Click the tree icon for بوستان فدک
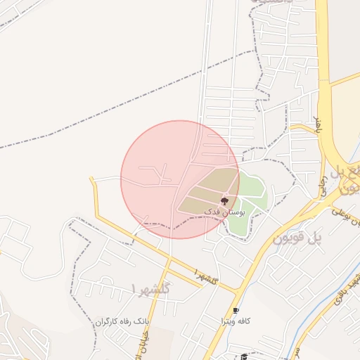[224, 201]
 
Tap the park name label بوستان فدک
[224, 211]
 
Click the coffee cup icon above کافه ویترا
[236, 311]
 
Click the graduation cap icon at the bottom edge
[244, 356]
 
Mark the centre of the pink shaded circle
[180, 179]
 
